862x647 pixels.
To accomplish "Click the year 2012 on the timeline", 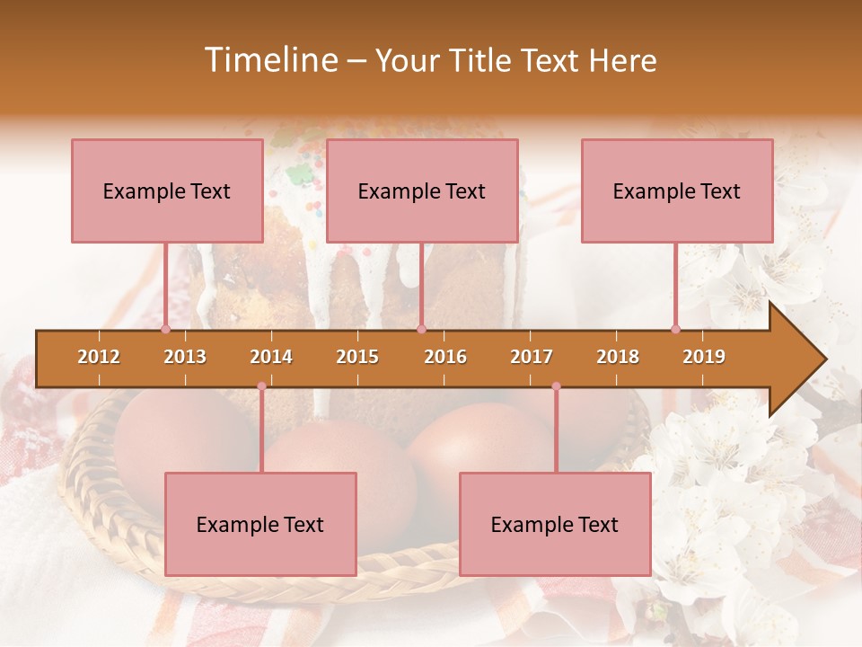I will (x=99, y=357).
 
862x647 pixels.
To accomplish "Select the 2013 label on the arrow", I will (x=185, y=357).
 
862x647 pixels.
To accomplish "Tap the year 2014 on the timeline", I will (x=271, y=357).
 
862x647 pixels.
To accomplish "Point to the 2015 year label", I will (x=357, y=357).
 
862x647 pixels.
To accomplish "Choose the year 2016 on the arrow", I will (x=445, y=357).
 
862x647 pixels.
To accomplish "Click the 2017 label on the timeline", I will (x=532, y=357).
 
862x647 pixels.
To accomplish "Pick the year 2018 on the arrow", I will (x=618, y=357).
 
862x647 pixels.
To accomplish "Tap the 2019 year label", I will (x=704, y=357).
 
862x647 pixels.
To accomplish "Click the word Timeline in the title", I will (x=269, y=60).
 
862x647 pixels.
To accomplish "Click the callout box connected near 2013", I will (x=166, y=191).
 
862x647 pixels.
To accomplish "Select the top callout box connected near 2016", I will (x=421, y=191).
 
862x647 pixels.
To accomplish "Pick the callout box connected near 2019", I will (x=676, y=191).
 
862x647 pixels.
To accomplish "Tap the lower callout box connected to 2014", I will (x=259, y=524).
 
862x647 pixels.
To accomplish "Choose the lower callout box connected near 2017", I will (x=554, y=524).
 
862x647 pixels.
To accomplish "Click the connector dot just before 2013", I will (x=165, y=329).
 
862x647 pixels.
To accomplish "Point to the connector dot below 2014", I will (x=261, y=386).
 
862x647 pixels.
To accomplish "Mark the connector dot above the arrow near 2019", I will (x=675, y=329).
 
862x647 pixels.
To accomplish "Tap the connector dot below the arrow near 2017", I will (x=556, y=386).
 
